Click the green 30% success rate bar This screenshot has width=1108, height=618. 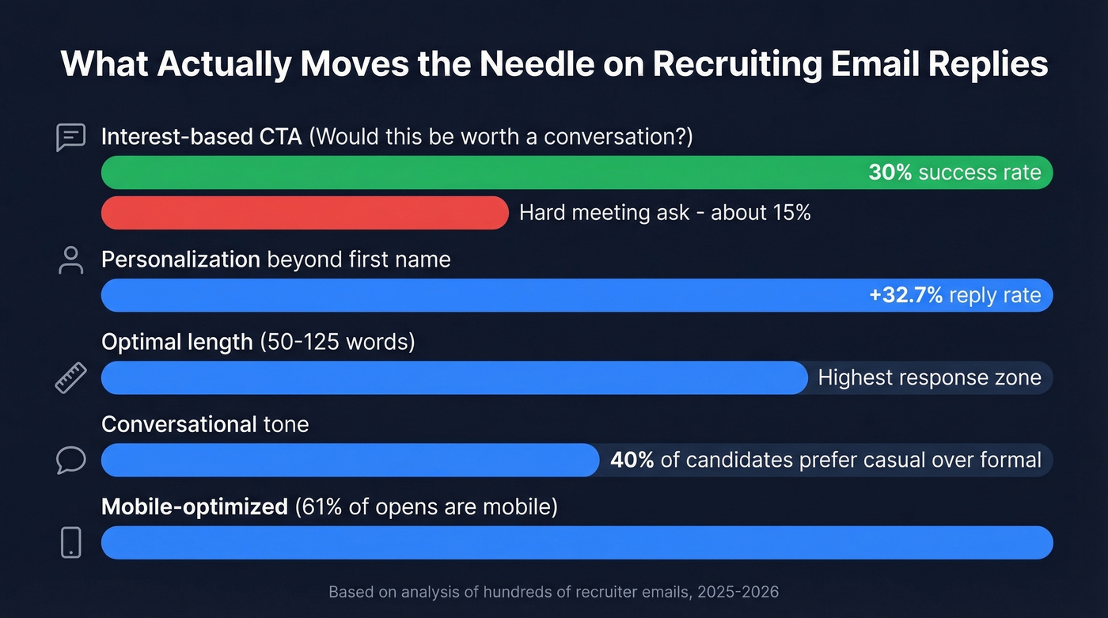pos(475,173)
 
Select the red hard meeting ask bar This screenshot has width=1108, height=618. pos(305,213)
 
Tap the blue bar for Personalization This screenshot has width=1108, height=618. pos(475,295)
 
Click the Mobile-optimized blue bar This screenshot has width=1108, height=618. pos(577,543)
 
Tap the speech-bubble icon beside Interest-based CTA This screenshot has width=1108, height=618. pos(70,137)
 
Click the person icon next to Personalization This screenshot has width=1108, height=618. pos(70,260)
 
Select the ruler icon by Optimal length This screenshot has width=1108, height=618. pos(70,377)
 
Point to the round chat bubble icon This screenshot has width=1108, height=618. pos(70,460)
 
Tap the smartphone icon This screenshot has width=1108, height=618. pos(70,543)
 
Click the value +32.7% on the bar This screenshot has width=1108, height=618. pos(905,295)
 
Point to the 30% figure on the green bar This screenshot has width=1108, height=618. pos(890,173)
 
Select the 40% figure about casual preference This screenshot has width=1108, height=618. pos(632,460)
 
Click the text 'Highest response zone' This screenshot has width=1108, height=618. pos(929,377)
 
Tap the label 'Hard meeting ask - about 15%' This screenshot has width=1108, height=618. pos(665,213)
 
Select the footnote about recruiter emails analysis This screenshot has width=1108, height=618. pos(553,592)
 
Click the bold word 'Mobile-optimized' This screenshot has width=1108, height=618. pos(195,506)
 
